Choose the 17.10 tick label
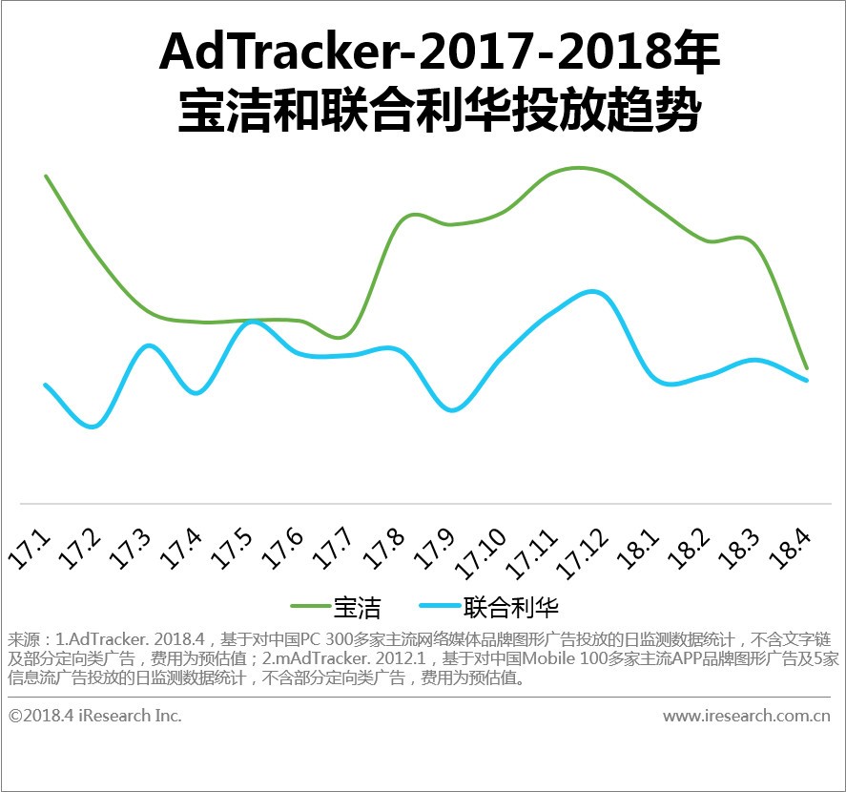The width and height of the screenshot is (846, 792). (x=482, y=553)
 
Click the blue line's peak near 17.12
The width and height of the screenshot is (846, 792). (x=592, y=291)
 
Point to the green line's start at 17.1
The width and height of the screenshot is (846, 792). (x=46, y=177)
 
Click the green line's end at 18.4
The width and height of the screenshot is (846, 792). (x=807, y=367)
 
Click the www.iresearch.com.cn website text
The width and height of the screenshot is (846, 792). (x=747, y=716)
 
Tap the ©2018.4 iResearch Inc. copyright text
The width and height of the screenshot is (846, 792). (x=95, y=716)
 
